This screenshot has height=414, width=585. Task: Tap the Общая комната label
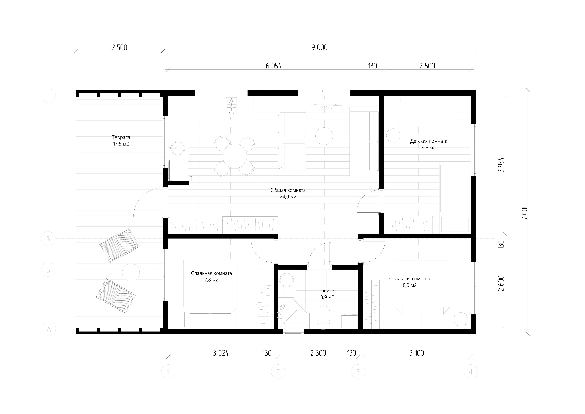288,190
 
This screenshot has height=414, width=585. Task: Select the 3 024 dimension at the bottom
221,353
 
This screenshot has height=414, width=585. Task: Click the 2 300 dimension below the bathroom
318,353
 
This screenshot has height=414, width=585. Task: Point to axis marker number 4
471,372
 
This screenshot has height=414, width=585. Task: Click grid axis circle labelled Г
48,96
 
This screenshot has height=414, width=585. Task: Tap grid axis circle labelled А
49,329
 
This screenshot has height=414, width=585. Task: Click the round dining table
235,156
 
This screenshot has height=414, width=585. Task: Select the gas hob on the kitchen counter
231,106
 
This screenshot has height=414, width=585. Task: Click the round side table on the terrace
131,272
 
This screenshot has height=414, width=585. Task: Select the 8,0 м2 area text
410,285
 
